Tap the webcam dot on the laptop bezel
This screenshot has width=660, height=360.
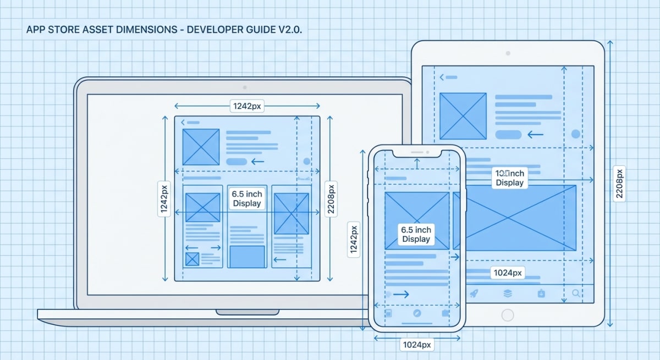click(244, 87)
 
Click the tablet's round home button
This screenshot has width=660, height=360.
click(507, 315)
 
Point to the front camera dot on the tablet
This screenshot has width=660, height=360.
click(507, 53)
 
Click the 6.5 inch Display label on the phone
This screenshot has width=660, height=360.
click(416, 234)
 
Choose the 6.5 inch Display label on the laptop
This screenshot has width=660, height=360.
click(247, 198)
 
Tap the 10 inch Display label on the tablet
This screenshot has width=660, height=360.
click(509, 178)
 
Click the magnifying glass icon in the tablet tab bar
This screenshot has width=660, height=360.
click(576, 293)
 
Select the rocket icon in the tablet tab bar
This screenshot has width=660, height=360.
click(473, 293)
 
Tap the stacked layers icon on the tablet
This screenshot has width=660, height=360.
click(507, 293)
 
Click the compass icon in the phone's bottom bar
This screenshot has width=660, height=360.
click(417, 313)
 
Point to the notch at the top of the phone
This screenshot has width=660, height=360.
click(417, 152)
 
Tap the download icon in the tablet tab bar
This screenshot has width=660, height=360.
click(541, 293)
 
